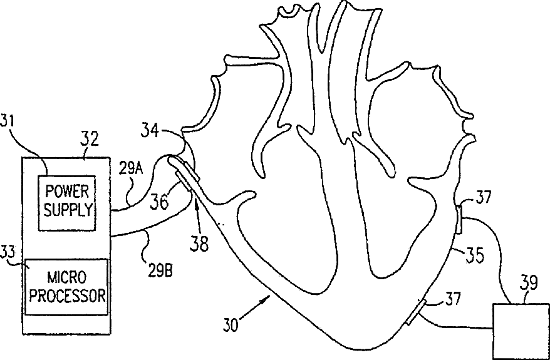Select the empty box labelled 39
pyautogui.click(x=520, y=331)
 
